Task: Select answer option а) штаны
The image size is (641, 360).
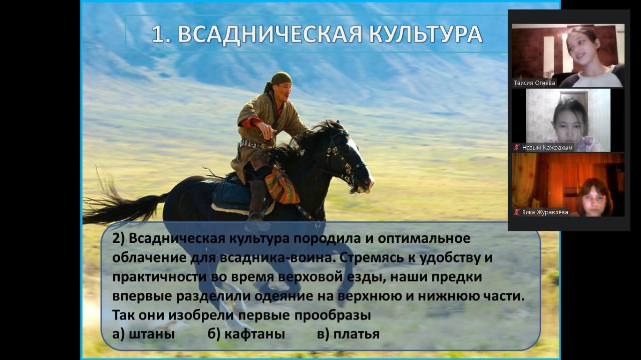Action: [143, 334]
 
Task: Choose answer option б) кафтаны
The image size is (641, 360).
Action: [246, 334]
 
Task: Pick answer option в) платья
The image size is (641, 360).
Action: [348, 334]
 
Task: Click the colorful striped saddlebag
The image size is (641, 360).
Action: [282, 186]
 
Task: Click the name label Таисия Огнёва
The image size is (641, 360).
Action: [534, 83]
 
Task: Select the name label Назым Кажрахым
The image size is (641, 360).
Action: [547, 148]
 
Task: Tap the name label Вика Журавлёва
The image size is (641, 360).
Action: [545, 212]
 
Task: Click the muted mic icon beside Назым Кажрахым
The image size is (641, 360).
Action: [516, 148]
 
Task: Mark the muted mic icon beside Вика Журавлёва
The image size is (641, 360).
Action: [516, 212]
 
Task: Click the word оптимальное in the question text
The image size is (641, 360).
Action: [424, 239]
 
